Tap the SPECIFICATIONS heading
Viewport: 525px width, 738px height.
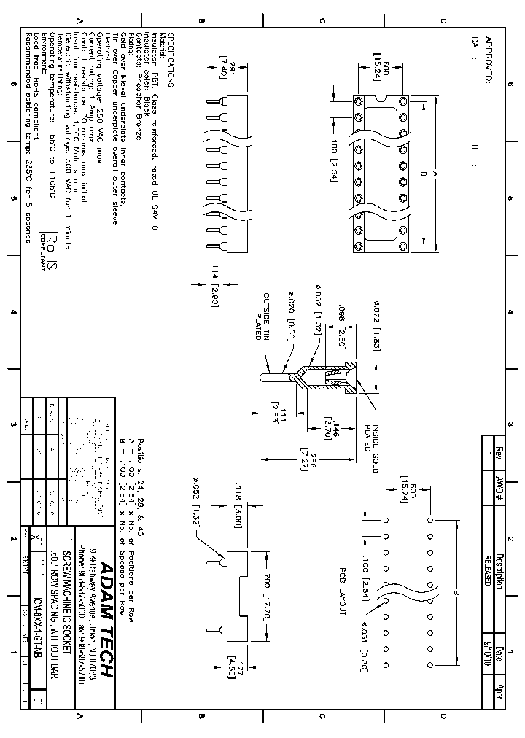pyautogui.click(x=172, y=60)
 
